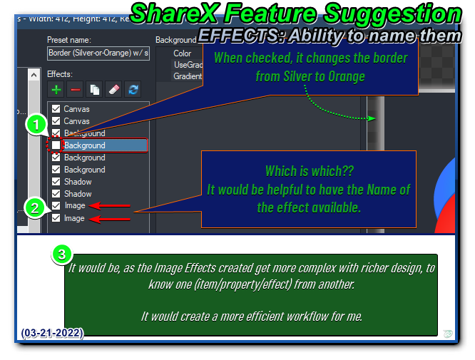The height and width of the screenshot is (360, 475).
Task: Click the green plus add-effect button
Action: click(x=56, y=89)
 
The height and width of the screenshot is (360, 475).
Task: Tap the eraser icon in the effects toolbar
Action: click(x=113, y=89)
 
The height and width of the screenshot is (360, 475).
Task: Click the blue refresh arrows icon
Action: click(x=132, y=89)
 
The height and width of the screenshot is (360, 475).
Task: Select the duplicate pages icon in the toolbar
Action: click(x=94, y=89)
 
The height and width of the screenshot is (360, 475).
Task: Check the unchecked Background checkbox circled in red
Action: click(x=56, y=145)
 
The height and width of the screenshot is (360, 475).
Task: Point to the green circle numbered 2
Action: click(x=35, y=207)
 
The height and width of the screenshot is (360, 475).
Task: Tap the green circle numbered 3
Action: click(x=62, y=254)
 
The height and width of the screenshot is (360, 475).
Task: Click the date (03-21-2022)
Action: click(x=51, y=333)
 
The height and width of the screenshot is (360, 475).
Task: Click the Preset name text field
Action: click(x=98, y=53)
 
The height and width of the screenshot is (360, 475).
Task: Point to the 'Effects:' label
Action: click(x=60, y=73)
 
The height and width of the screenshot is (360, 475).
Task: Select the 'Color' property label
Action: click(x=183, y=53)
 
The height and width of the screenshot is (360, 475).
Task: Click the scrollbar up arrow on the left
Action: click(x=34, y=73)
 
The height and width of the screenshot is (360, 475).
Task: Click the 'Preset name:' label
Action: click(x=69, y=40)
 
